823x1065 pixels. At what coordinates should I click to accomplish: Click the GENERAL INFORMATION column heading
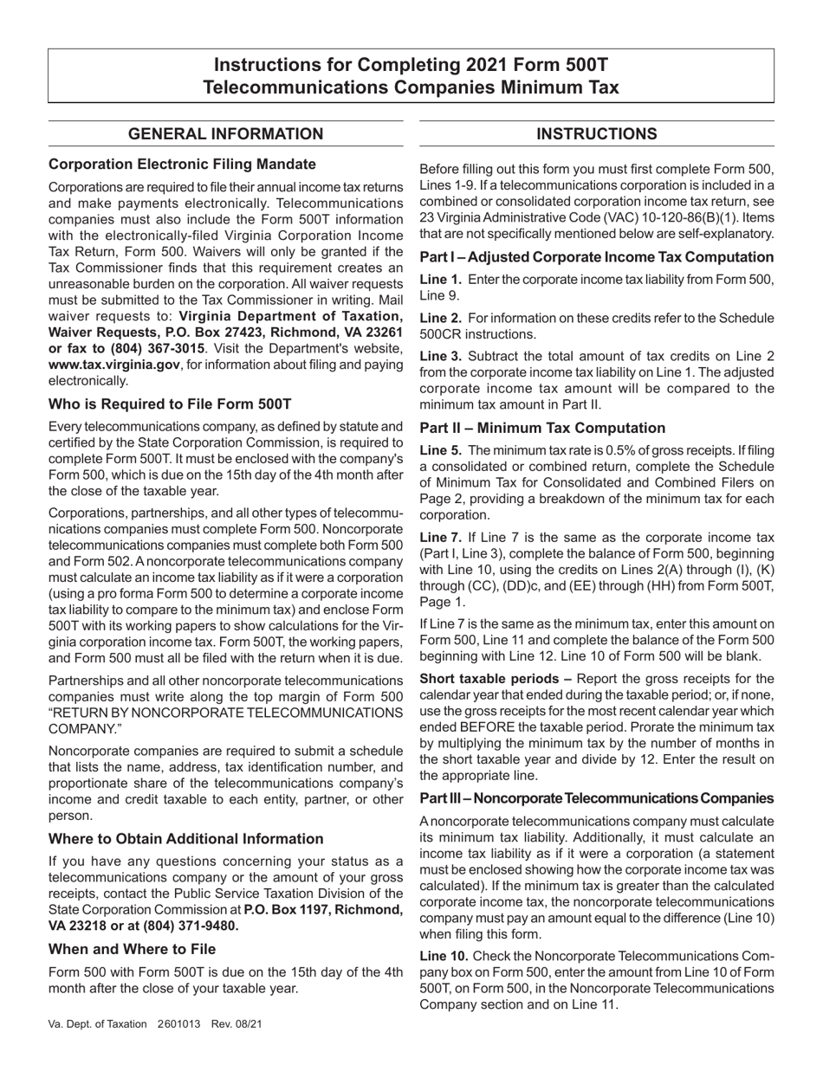225,133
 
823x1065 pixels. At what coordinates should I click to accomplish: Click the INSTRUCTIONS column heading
597,133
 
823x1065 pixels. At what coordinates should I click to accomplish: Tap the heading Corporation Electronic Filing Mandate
182,164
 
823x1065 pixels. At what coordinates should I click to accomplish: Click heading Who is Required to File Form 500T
170,403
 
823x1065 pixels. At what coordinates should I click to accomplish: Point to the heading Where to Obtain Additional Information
185,838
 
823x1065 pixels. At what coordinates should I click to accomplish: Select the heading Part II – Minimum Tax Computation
542,428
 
